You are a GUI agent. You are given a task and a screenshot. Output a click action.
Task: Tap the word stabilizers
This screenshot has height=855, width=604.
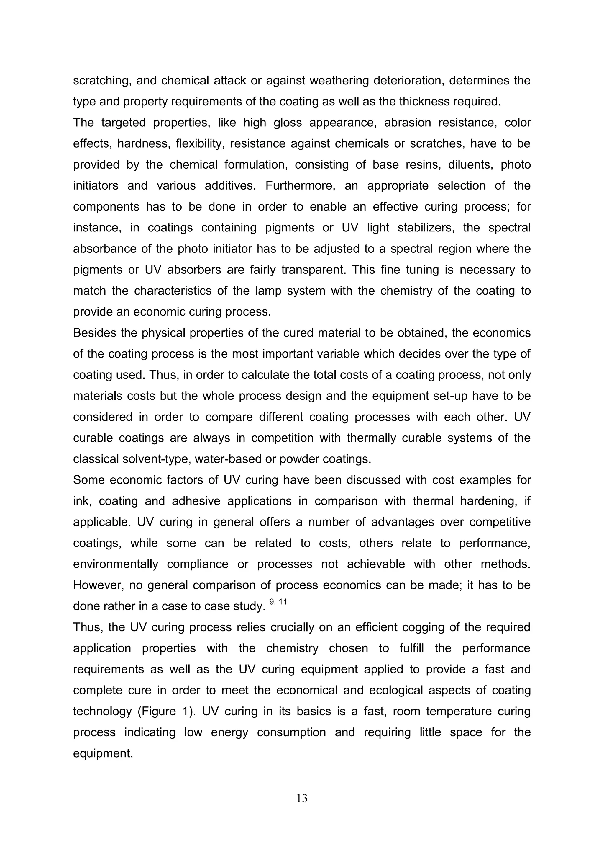tap(426, 228)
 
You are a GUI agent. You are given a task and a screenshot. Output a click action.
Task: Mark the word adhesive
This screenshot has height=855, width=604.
tap(195, 501)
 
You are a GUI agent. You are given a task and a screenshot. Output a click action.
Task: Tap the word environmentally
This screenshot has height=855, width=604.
tap(116, 564)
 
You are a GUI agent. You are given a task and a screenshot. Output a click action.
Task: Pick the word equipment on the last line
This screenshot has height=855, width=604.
tap(103, 753)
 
